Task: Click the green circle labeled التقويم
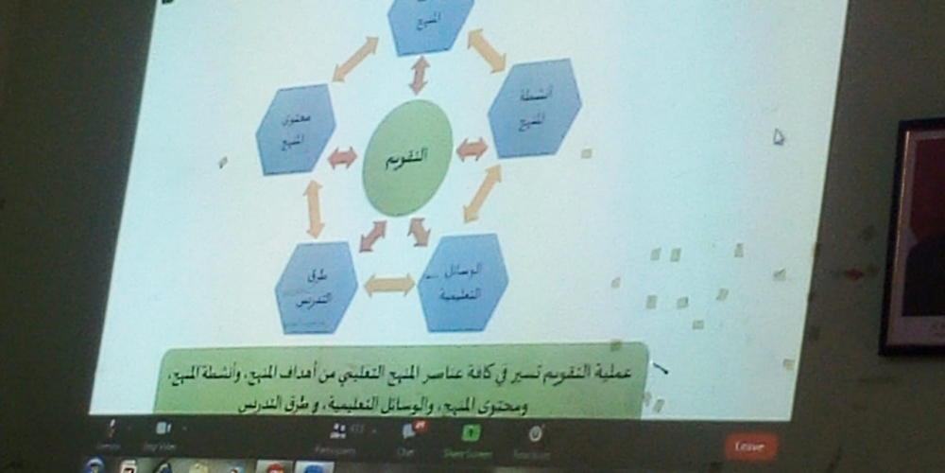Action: coord(407,157)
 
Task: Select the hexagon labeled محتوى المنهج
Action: coord(296,130)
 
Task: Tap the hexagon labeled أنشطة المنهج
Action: coord(534,107)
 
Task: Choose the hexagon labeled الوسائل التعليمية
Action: coord(462,282)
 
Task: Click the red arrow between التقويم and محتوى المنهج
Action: coord(342,158)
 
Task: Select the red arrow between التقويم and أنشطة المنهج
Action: coord(472,149)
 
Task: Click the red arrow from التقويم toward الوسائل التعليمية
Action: coord(419,231)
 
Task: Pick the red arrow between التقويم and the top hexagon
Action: coord(419,75)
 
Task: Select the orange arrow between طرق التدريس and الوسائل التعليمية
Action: coord(389,285)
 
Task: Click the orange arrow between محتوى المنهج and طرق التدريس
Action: coord(314,208)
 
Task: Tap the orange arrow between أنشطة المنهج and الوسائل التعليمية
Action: coord(483,193)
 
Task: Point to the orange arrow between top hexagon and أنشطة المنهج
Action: coord(487,49)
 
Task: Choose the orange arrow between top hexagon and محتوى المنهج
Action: coord(355,59)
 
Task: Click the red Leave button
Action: coord(750,445)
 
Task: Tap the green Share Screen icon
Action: coord(471,433)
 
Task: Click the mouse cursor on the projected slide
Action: coord(778,136)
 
